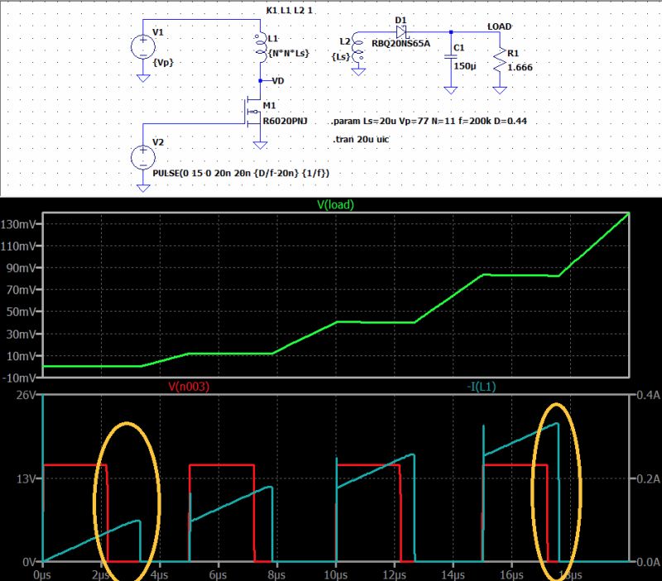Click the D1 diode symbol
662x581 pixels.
[x=401, y=32]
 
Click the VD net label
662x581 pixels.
[x=278, y=81]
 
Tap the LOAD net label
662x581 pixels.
[x=500, y=26]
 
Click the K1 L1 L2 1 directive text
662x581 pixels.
[x=289, y=11]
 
